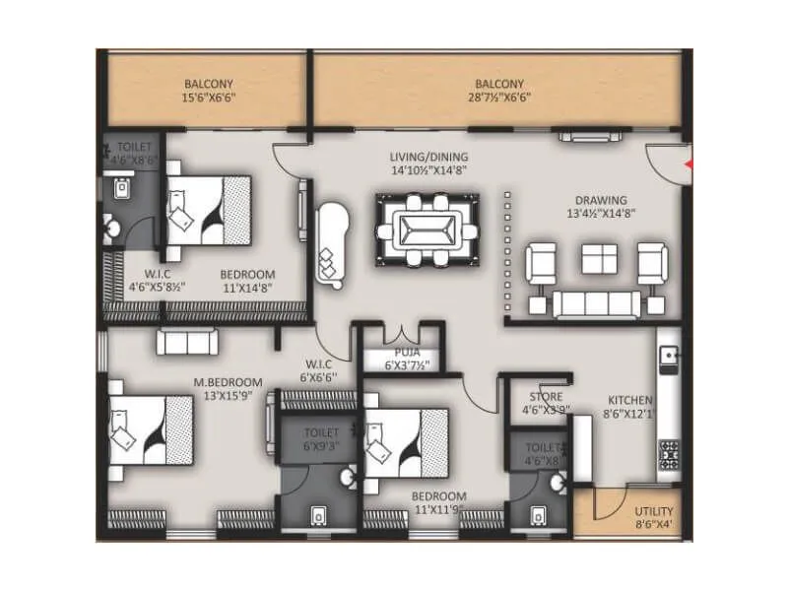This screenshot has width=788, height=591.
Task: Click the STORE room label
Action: tap(545, 397)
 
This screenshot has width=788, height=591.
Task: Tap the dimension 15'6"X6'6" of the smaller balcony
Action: tap(209, 98)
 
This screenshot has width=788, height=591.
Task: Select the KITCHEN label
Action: tap(629, 400)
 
